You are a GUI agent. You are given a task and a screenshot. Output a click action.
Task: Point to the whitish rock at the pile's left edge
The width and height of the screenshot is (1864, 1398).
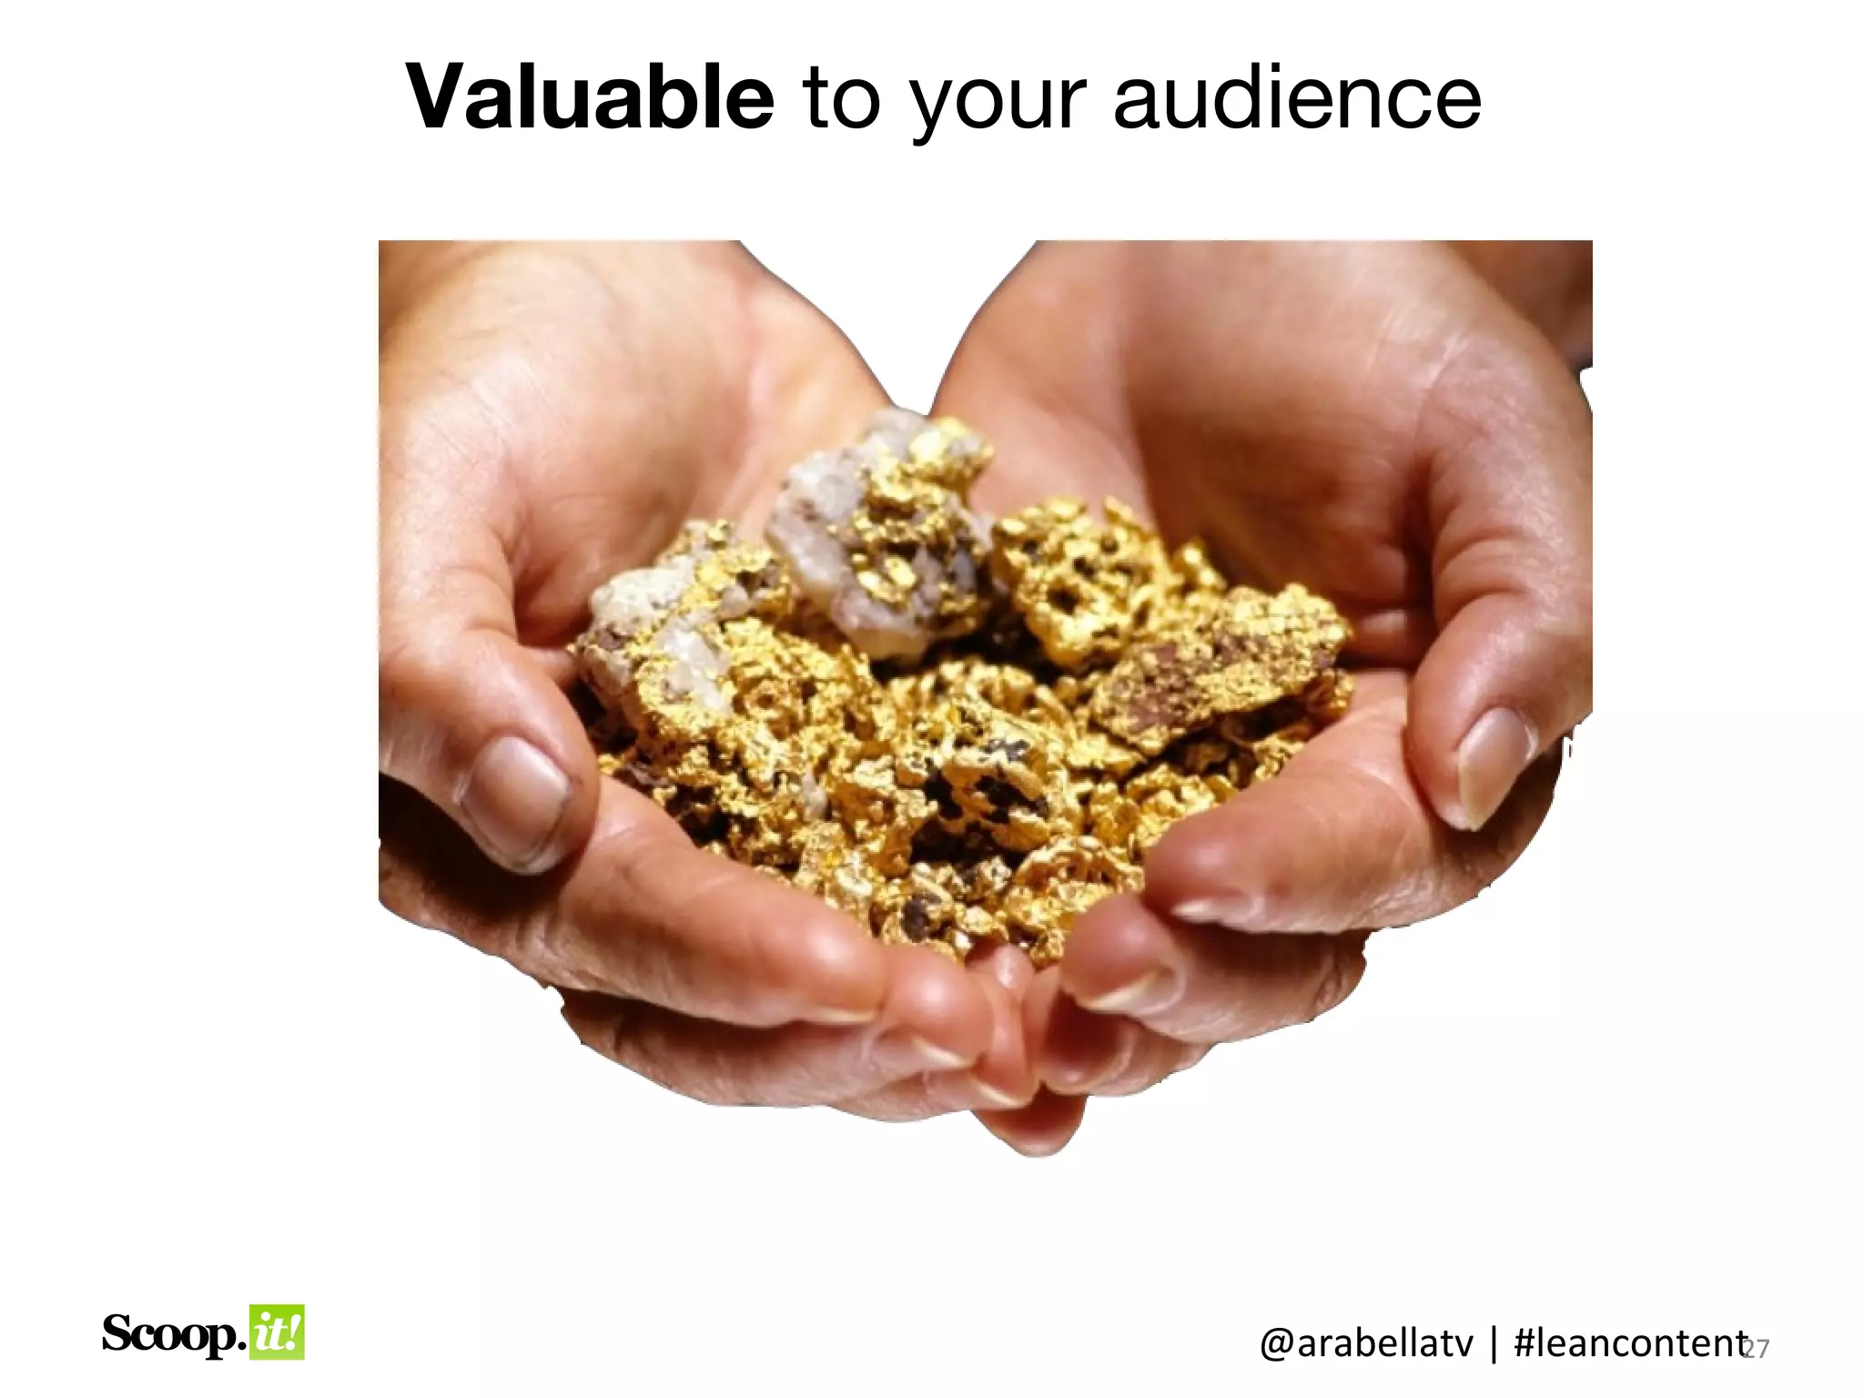637,619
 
